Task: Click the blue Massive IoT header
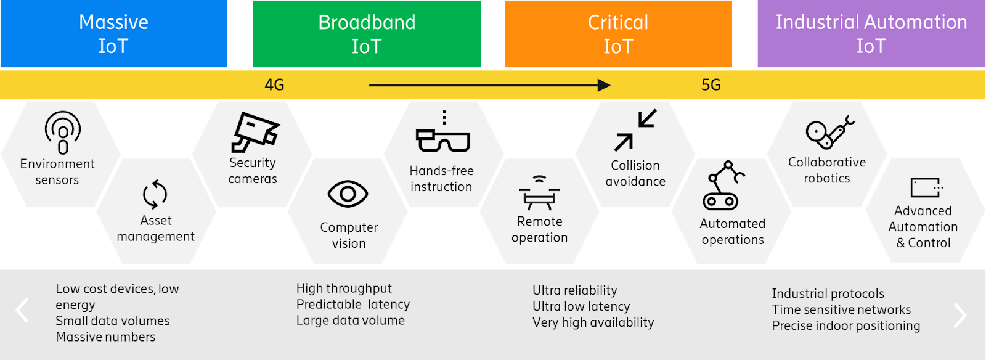click(113, 34)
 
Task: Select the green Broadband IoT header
click(367, 34)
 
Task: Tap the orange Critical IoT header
click(618, 34)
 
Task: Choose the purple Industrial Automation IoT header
click(871, 34)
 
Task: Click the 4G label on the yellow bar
click(274, 85)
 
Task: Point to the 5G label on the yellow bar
click(711, 85)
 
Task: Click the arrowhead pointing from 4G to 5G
click(604, 85)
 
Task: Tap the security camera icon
click(255, 131)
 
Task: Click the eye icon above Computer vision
click(348, 195)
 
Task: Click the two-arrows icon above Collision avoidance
click(635, 130)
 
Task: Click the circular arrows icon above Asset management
click(155, 195)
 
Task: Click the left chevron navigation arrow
click(23, 310)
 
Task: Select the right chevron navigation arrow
click(960, 315)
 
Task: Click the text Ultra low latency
click(581, 306)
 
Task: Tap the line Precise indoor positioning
click(845, 325)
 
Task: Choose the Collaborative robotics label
click(827, 170)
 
